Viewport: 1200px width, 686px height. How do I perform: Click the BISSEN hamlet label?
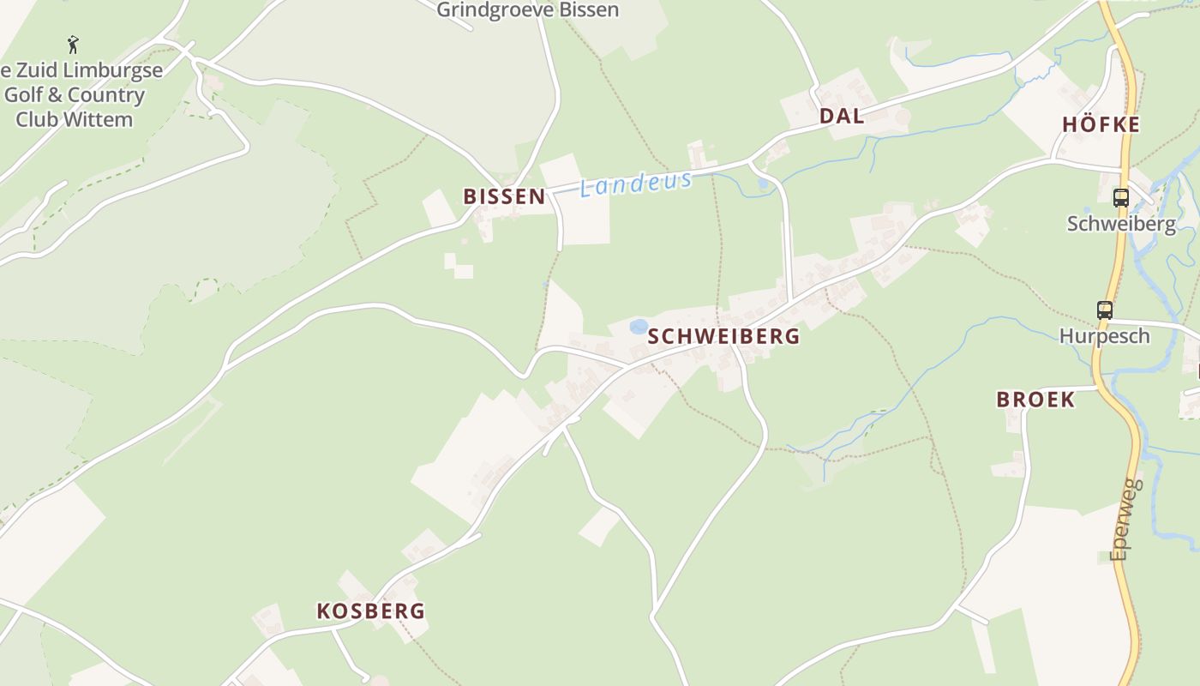coord(504,196)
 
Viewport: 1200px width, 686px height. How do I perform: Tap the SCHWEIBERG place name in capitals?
coord(723,336)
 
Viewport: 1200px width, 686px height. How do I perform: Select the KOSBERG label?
coord(370,611)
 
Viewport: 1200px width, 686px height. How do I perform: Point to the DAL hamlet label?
coord(842,117)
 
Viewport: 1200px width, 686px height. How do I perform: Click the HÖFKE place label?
coord(1101,124)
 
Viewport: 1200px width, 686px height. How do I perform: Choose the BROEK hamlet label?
coord(1035,399)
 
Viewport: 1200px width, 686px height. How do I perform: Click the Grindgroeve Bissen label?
coord(527,10)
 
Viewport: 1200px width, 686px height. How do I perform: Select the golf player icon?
coord(73,44)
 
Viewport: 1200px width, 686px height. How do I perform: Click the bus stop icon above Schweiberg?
coord(1120,198)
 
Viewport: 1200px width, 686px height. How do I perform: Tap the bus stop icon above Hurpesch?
coord(1105,310)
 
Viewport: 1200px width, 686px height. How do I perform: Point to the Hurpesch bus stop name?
coord(1104,335)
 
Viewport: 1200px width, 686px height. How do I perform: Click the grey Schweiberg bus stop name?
coord(1121,223)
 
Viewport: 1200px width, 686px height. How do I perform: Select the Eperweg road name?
coord(1127,519)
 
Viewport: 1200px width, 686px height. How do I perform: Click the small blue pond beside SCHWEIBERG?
coord(639,327)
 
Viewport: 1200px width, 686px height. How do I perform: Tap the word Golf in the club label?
coord(26,94)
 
